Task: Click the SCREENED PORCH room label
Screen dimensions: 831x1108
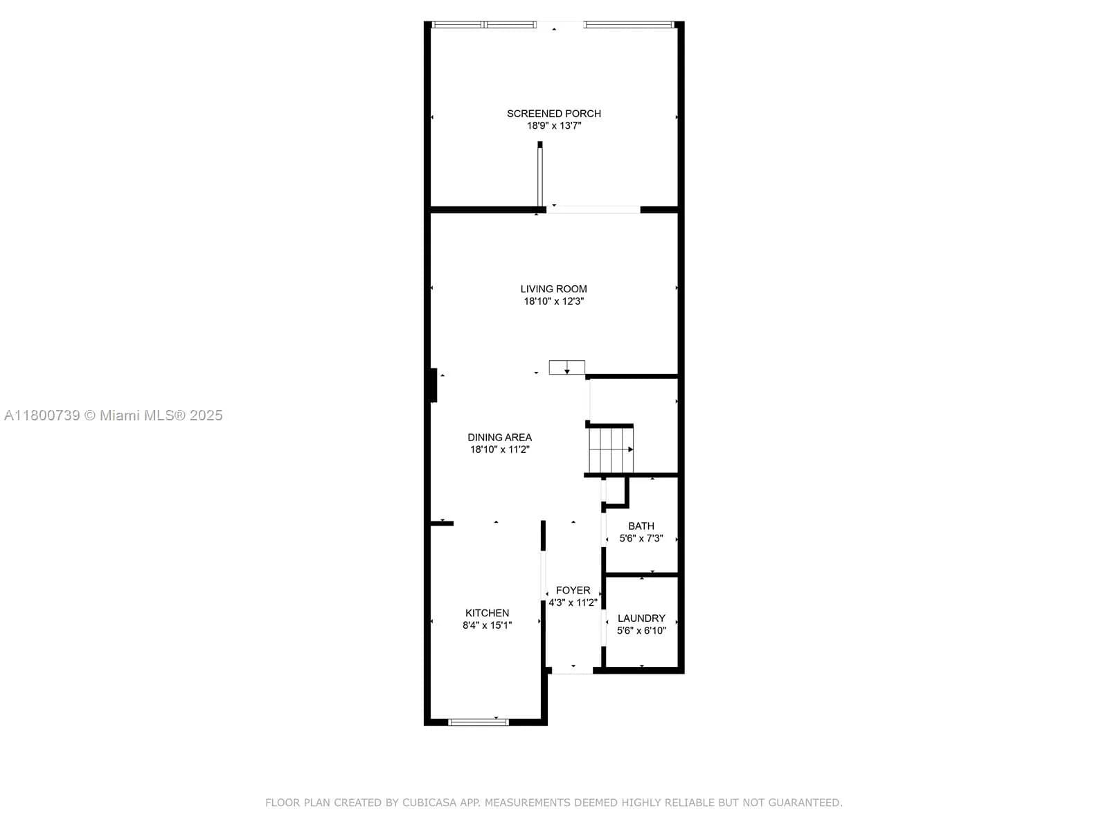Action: click(553, 114)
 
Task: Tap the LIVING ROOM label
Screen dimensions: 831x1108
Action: click(553, 289)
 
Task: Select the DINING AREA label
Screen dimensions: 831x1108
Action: click(499, 437)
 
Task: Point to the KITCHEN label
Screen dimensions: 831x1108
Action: click(487, 613)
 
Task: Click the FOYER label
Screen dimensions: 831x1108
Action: click(573, 590)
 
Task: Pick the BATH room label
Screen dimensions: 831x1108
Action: click(641, 526)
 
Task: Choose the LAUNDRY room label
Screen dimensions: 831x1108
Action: click(641, 618)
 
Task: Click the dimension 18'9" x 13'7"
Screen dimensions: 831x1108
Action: click(553, 126)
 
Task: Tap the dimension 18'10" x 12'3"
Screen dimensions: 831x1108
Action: click(553, 301)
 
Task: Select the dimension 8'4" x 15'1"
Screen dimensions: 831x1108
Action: click(487, 625)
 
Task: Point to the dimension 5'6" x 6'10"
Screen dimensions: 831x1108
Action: click(641, 630)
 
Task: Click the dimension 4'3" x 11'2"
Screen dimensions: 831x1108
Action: click(573, 602)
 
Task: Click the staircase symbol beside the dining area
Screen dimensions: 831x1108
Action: click(611, 449)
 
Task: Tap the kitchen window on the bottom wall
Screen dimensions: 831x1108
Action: click(479, 722)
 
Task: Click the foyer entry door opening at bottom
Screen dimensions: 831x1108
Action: click(573, 670)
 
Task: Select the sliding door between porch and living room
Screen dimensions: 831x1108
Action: click(593, 208)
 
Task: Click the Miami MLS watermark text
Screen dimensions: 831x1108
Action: click(114, 415)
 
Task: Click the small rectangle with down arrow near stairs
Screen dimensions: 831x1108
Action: click(566, 368)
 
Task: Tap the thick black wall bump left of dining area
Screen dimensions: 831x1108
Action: click(434, 385)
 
